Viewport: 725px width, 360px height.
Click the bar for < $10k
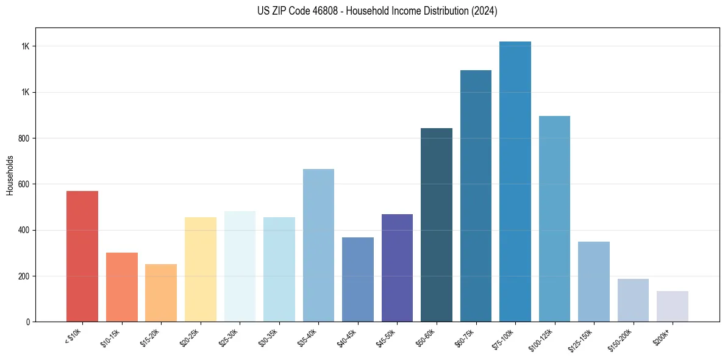(x=82, y=256)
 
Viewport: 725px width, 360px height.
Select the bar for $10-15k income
(x=121, y=287)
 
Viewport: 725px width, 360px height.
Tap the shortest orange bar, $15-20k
(x=161, y=293)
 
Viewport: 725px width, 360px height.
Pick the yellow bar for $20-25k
(x=200, y=269)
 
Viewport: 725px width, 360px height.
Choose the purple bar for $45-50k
(x=397, y=268)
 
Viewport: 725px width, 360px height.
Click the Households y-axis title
(x=10, y=175)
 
